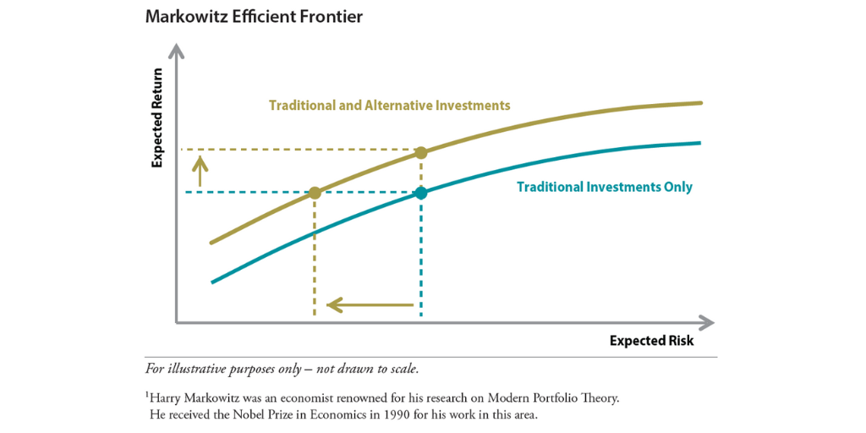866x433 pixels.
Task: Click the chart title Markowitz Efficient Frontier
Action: (254, 17)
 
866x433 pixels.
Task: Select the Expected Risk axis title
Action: (651, 340)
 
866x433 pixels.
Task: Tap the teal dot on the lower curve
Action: (421, 193)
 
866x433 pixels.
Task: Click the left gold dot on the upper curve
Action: (315, 193)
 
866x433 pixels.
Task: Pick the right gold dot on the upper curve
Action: (421, 153)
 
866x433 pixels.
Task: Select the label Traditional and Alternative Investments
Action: (390, 106)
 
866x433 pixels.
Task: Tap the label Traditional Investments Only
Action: (605, 187)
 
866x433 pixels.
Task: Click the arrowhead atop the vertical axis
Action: (176, 52)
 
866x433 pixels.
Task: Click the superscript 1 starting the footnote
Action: (147, 393)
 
